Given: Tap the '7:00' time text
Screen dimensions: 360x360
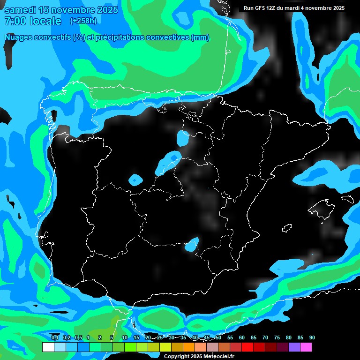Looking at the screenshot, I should [15, 21].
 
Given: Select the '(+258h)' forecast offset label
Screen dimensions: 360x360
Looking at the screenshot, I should [83, 21].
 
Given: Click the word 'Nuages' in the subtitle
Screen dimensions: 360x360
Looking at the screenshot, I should [19, 37].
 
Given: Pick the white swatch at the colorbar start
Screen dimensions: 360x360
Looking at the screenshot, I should [48, 347].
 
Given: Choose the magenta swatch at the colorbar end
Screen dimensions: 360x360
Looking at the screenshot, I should [306, 347].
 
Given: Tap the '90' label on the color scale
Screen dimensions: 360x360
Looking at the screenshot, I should [312, 338].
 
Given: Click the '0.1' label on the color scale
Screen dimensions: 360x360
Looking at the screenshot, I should [55, 338].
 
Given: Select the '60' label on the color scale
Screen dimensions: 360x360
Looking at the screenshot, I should [242, 338].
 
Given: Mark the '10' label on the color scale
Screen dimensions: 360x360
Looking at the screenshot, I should [125, 338].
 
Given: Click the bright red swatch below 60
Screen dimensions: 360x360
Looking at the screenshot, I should [247, 347].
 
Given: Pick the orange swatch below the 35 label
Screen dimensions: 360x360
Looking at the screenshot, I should [189, 347].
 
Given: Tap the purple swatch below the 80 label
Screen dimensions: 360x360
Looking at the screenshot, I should [294, 347].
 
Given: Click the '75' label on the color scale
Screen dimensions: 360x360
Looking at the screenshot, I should [277, 338].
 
